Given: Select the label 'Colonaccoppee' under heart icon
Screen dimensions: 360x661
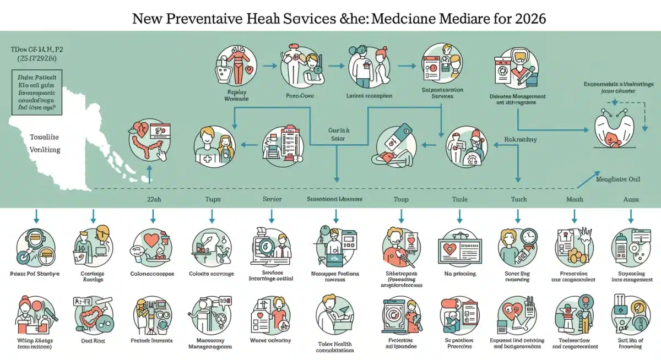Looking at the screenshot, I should (152, 274).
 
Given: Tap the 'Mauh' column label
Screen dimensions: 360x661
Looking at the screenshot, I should (575, 199).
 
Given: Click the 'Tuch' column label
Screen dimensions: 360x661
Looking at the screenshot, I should (518, 199).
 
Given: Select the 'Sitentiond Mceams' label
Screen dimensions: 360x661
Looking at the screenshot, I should (335, 199).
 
